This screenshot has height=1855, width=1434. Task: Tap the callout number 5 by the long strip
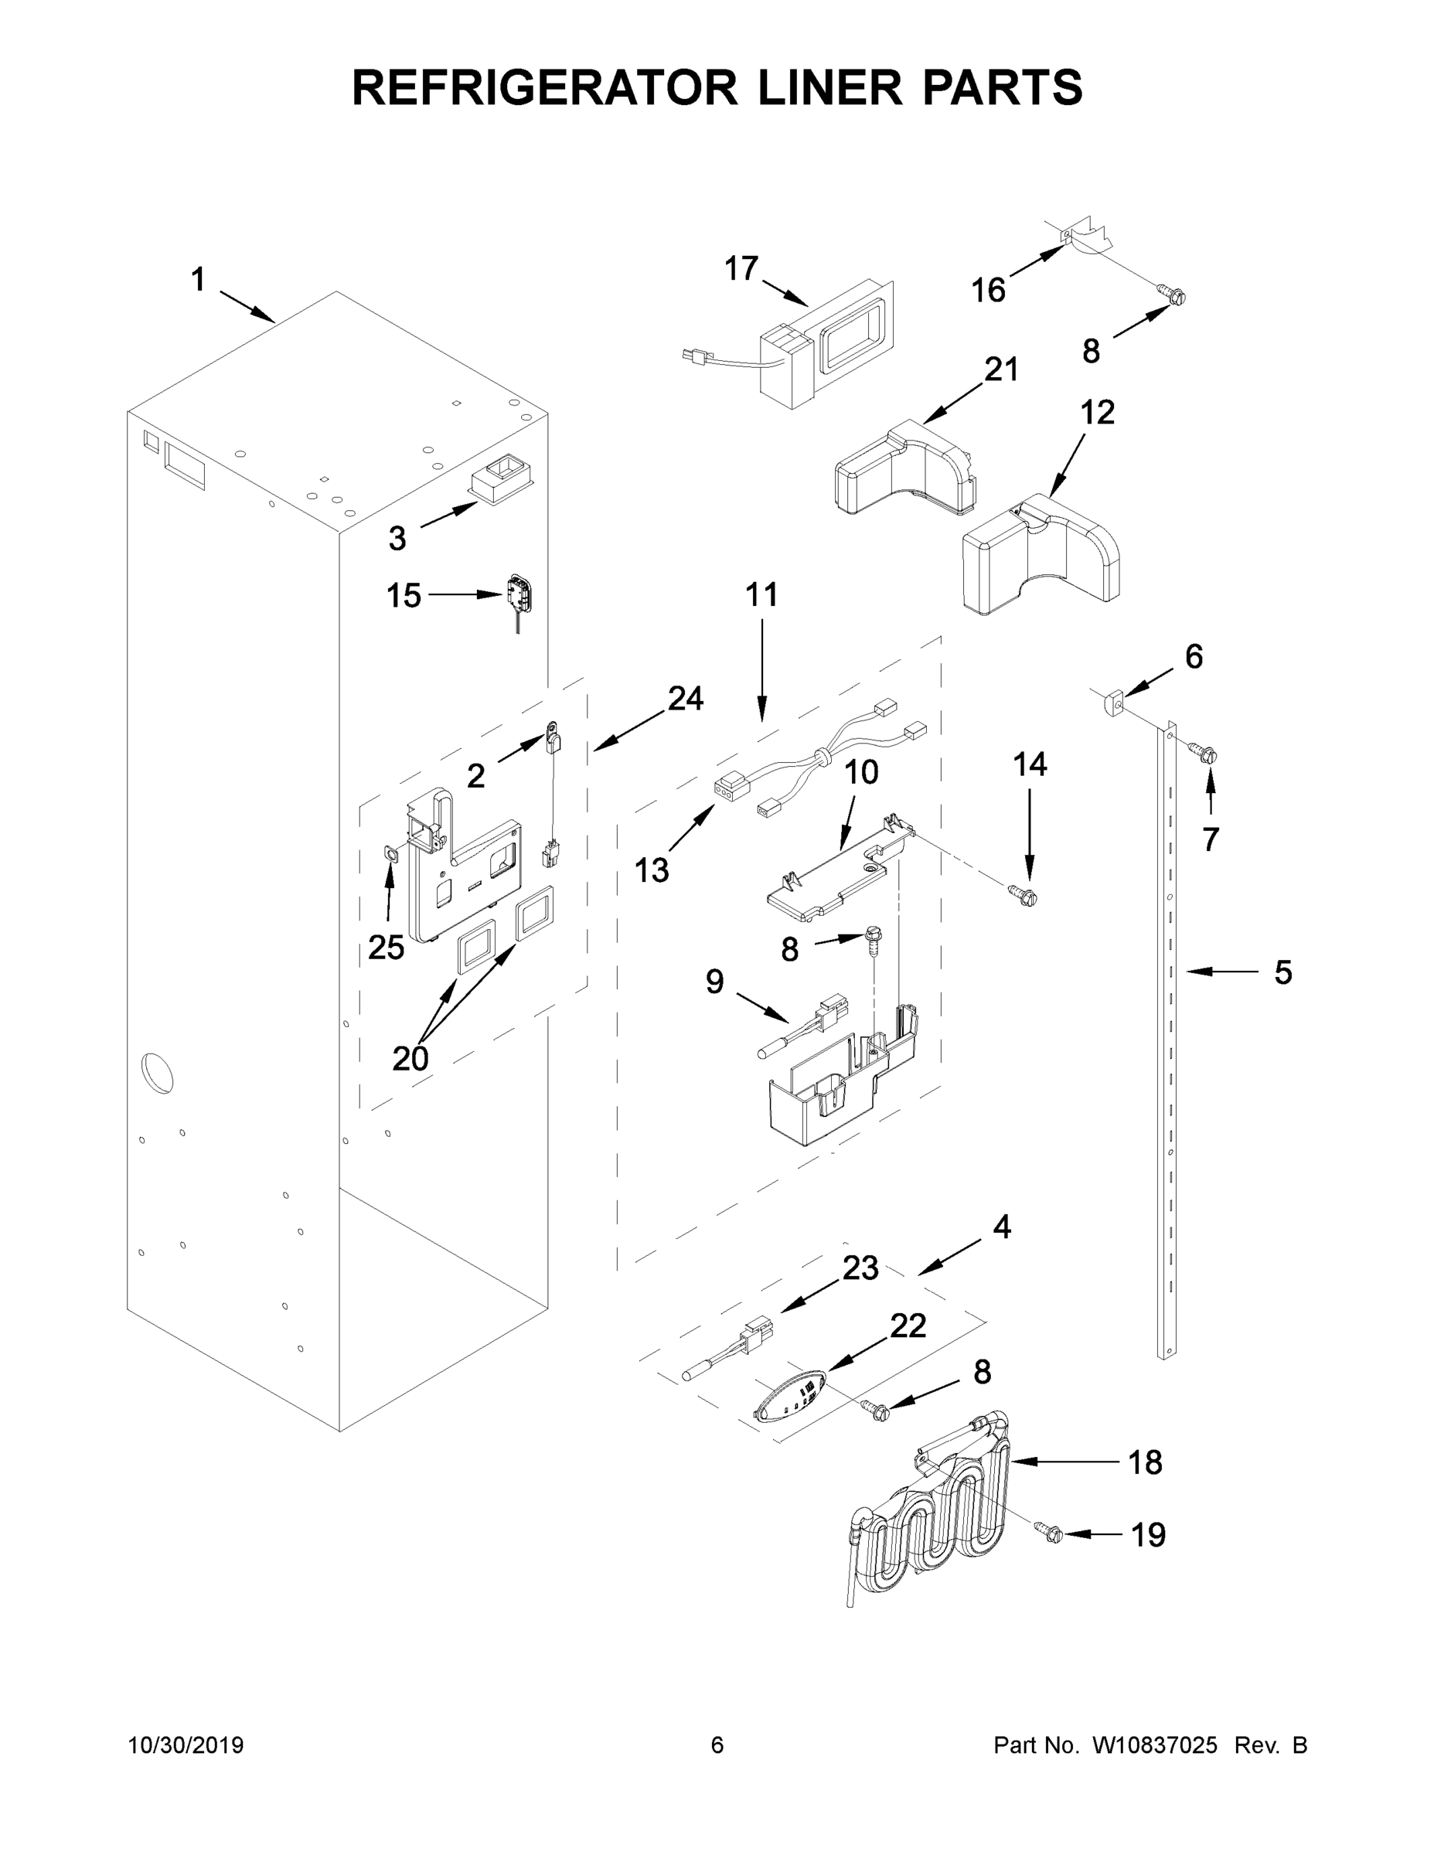click(x=1282, y=972)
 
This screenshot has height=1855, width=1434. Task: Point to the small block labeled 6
click(x=1116, y=704)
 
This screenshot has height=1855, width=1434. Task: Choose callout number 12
click(x=1097, y=413)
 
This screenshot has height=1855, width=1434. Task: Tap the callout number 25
click(x=386, y=947)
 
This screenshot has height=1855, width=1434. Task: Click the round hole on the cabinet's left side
click(x=156, y=1073)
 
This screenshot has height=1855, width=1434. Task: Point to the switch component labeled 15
click(x=518, y=592)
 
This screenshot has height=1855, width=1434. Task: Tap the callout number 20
click(x=410, y=1058)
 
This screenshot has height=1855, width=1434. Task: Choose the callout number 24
click(x=685, y=698)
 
